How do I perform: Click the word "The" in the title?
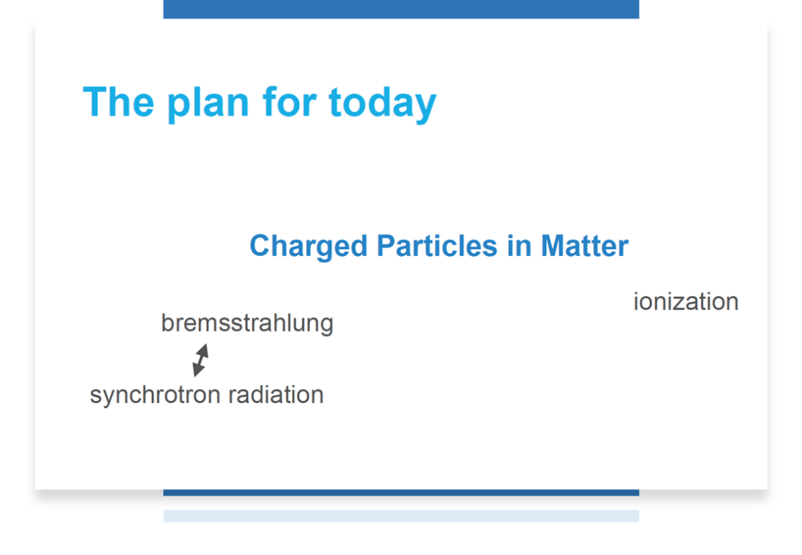click(118, 103)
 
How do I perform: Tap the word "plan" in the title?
click(208, 105)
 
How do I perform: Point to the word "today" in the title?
click(382, 105)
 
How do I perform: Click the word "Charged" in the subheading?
click(309, 247)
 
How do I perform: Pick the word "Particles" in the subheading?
click(437, 246)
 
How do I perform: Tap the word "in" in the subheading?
click(519, 246)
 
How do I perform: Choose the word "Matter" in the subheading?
click(584, 246)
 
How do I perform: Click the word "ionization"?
click(686, 301)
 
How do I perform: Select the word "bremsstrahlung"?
click(247, 323)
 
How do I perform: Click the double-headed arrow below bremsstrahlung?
click(200, 360)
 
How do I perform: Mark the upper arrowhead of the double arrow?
click(204, 350)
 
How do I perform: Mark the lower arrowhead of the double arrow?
click(197, 370)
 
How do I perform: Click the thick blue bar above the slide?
click(401, 9)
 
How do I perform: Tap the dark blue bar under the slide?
click(401, 492)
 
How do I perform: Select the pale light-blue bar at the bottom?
click(401, 516)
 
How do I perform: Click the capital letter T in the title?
click(96, 103)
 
